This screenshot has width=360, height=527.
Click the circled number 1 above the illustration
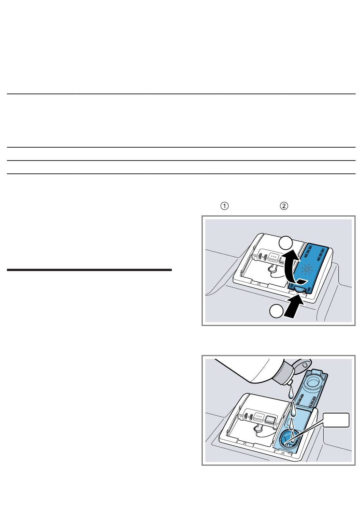pyautogui.click(x=224, y=206)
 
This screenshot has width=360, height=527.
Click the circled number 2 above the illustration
pyautogui.click(x=284, y=206)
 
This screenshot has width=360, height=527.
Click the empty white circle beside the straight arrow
pyautogui.click(x=276, y=311)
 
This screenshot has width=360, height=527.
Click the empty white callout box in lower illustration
pyautogui.click(x=336, y=420)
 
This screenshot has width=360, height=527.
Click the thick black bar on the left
pyautogui.click(x=89, y=270)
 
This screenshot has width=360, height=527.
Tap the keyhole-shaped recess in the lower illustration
pyautogui.click(x=257, y=429)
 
